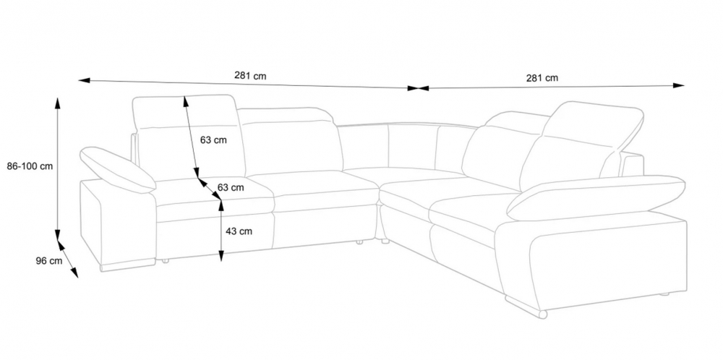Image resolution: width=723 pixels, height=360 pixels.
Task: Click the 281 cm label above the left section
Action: click(x=250, y=76)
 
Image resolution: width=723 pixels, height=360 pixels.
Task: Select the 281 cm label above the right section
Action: click(x=542, y=78)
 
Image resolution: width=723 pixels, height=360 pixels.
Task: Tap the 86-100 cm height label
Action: click(x=30, y=166)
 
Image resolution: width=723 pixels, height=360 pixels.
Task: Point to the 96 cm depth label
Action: click(x=49, y=261)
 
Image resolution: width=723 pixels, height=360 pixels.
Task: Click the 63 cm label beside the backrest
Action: click(x=213, y=140)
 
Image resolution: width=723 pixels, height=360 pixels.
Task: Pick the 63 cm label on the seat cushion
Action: click(x=231, y=188)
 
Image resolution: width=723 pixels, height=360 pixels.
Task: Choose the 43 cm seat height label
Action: click(x=239, y=231)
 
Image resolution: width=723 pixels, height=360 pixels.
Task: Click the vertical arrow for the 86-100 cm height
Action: click(x=57, y=168)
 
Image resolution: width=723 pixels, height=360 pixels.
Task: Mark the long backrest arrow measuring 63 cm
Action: click(x=191, y=137)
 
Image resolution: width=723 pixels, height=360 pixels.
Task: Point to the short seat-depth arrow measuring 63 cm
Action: click(x=210, y=189)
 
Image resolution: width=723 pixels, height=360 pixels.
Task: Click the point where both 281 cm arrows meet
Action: click(x=418, y=88)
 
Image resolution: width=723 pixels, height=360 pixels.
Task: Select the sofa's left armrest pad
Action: click(x=118, y=169)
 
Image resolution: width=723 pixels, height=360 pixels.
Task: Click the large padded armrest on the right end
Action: click(x=596, y=197)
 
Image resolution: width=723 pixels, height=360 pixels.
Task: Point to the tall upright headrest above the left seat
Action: click(x=189, y=137)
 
